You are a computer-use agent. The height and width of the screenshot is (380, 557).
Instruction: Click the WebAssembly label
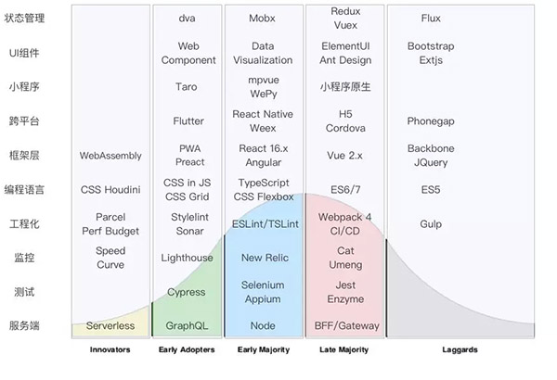[x=110, y=156]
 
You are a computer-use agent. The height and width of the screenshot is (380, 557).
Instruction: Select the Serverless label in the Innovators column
[x=110, y=326]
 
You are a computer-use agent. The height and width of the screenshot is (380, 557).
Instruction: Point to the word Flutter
[x=188, y=121]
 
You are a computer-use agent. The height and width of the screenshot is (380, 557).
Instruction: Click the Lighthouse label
[x=188, y=258]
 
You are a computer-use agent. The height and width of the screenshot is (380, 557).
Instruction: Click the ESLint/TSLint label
[x=264, y=224]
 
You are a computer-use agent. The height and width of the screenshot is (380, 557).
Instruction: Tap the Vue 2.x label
[x=344, y=156]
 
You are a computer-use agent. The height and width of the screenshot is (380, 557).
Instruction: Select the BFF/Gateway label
[x=344, y=326]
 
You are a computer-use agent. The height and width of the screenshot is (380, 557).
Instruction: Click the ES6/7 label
[x=344, y=190]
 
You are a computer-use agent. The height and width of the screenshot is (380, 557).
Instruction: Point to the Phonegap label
[x=430, y=121]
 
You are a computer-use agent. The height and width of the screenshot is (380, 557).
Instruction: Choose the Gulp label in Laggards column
[x=430, y=224]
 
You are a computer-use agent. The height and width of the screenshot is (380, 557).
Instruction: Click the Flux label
[x=430, y=19]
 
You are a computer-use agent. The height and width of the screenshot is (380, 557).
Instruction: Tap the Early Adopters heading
[x=187, y=350]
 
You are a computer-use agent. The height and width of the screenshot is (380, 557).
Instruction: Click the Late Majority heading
[x=343, y=350]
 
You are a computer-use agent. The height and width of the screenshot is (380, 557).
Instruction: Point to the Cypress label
[x=188, y=292]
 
